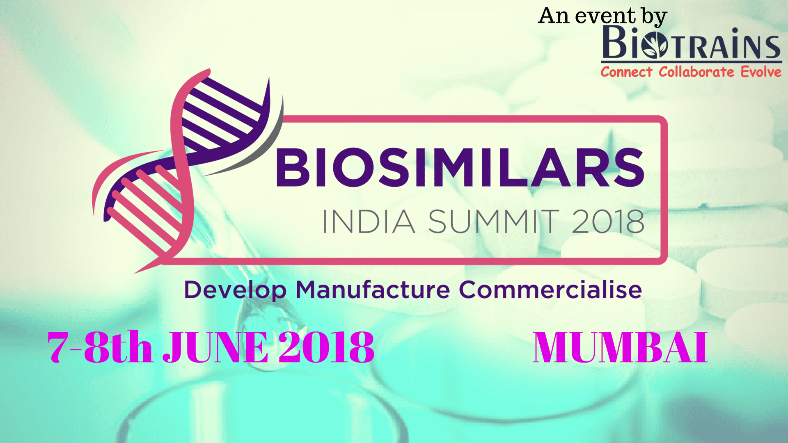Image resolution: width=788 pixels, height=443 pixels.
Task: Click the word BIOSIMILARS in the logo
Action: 460,167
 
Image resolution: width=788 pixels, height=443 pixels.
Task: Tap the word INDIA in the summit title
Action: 368,222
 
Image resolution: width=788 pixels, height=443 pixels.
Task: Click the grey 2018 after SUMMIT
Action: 608,222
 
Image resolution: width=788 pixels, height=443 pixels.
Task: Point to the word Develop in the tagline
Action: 235,290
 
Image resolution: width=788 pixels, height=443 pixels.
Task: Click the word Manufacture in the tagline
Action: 373,290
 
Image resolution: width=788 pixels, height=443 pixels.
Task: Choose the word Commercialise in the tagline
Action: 550,290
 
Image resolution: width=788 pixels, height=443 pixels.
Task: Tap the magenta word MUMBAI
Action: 620,347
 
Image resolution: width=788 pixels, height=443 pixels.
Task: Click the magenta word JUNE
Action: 216,347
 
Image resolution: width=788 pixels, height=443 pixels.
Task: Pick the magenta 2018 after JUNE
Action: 326,347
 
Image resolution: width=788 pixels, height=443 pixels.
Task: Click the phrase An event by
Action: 602,16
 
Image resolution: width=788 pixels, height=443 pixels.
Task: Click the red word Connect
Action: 626,72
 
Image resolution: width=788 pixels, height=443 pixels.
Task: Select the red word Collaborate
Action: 696,72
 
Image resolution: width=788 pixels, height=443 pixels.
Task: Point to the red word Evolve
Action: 761,72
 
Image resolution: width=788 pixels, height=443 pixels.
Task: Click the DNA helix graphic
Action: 185,168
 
